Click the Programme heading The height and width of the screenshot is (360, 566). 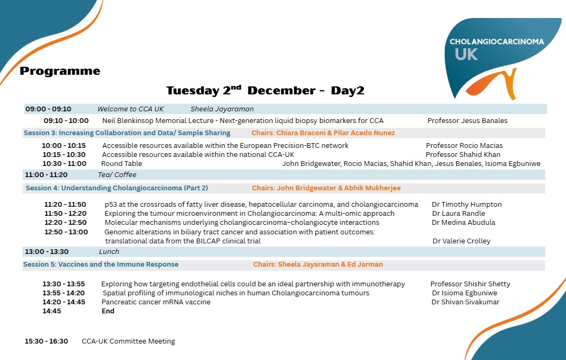click(x=60, y=71)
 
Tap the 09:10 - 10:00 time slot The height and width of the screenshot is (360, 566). click(x=66, y=120)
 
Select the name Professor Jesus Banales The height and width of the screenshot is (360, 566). click(x=467, y=120)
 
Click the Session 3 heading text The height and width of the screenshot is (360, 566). click(x=127, y=133)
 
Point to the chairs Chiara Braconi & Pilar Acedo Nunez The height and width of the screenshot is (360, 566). click(x=323, y=133)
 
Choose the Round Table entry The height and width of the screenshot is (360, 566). click(x=121, y=163)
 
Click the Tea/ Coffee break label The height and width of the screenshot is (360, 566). click(x=117, y=174)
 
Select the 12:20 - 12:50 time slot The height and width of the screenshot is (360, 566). click(x=65, y=222)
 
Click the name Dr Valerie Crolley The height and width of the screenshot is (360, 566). click(x=461, y=241)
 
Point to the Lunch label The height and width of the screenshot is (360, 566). click(x=109, y=251)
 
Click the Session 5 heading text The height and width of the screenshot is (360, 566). click(x=101, y=264)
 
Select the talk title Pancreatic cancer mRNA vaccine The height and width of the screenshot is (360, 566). click(x=156, y=302)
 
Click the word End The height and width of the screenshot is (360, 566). click(x=108, y=311)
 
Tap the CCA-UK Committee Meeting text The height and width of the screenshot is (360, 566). click(x=128, y=341)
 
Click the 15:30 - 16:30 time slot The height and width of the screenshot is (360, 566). click(x=46, y=341)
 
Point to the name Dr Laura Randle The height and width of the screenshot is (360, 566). click(x=458, y=213)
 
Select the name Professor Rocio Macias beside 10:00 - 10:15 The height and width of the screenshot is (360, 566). click(x=464, y=145)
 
